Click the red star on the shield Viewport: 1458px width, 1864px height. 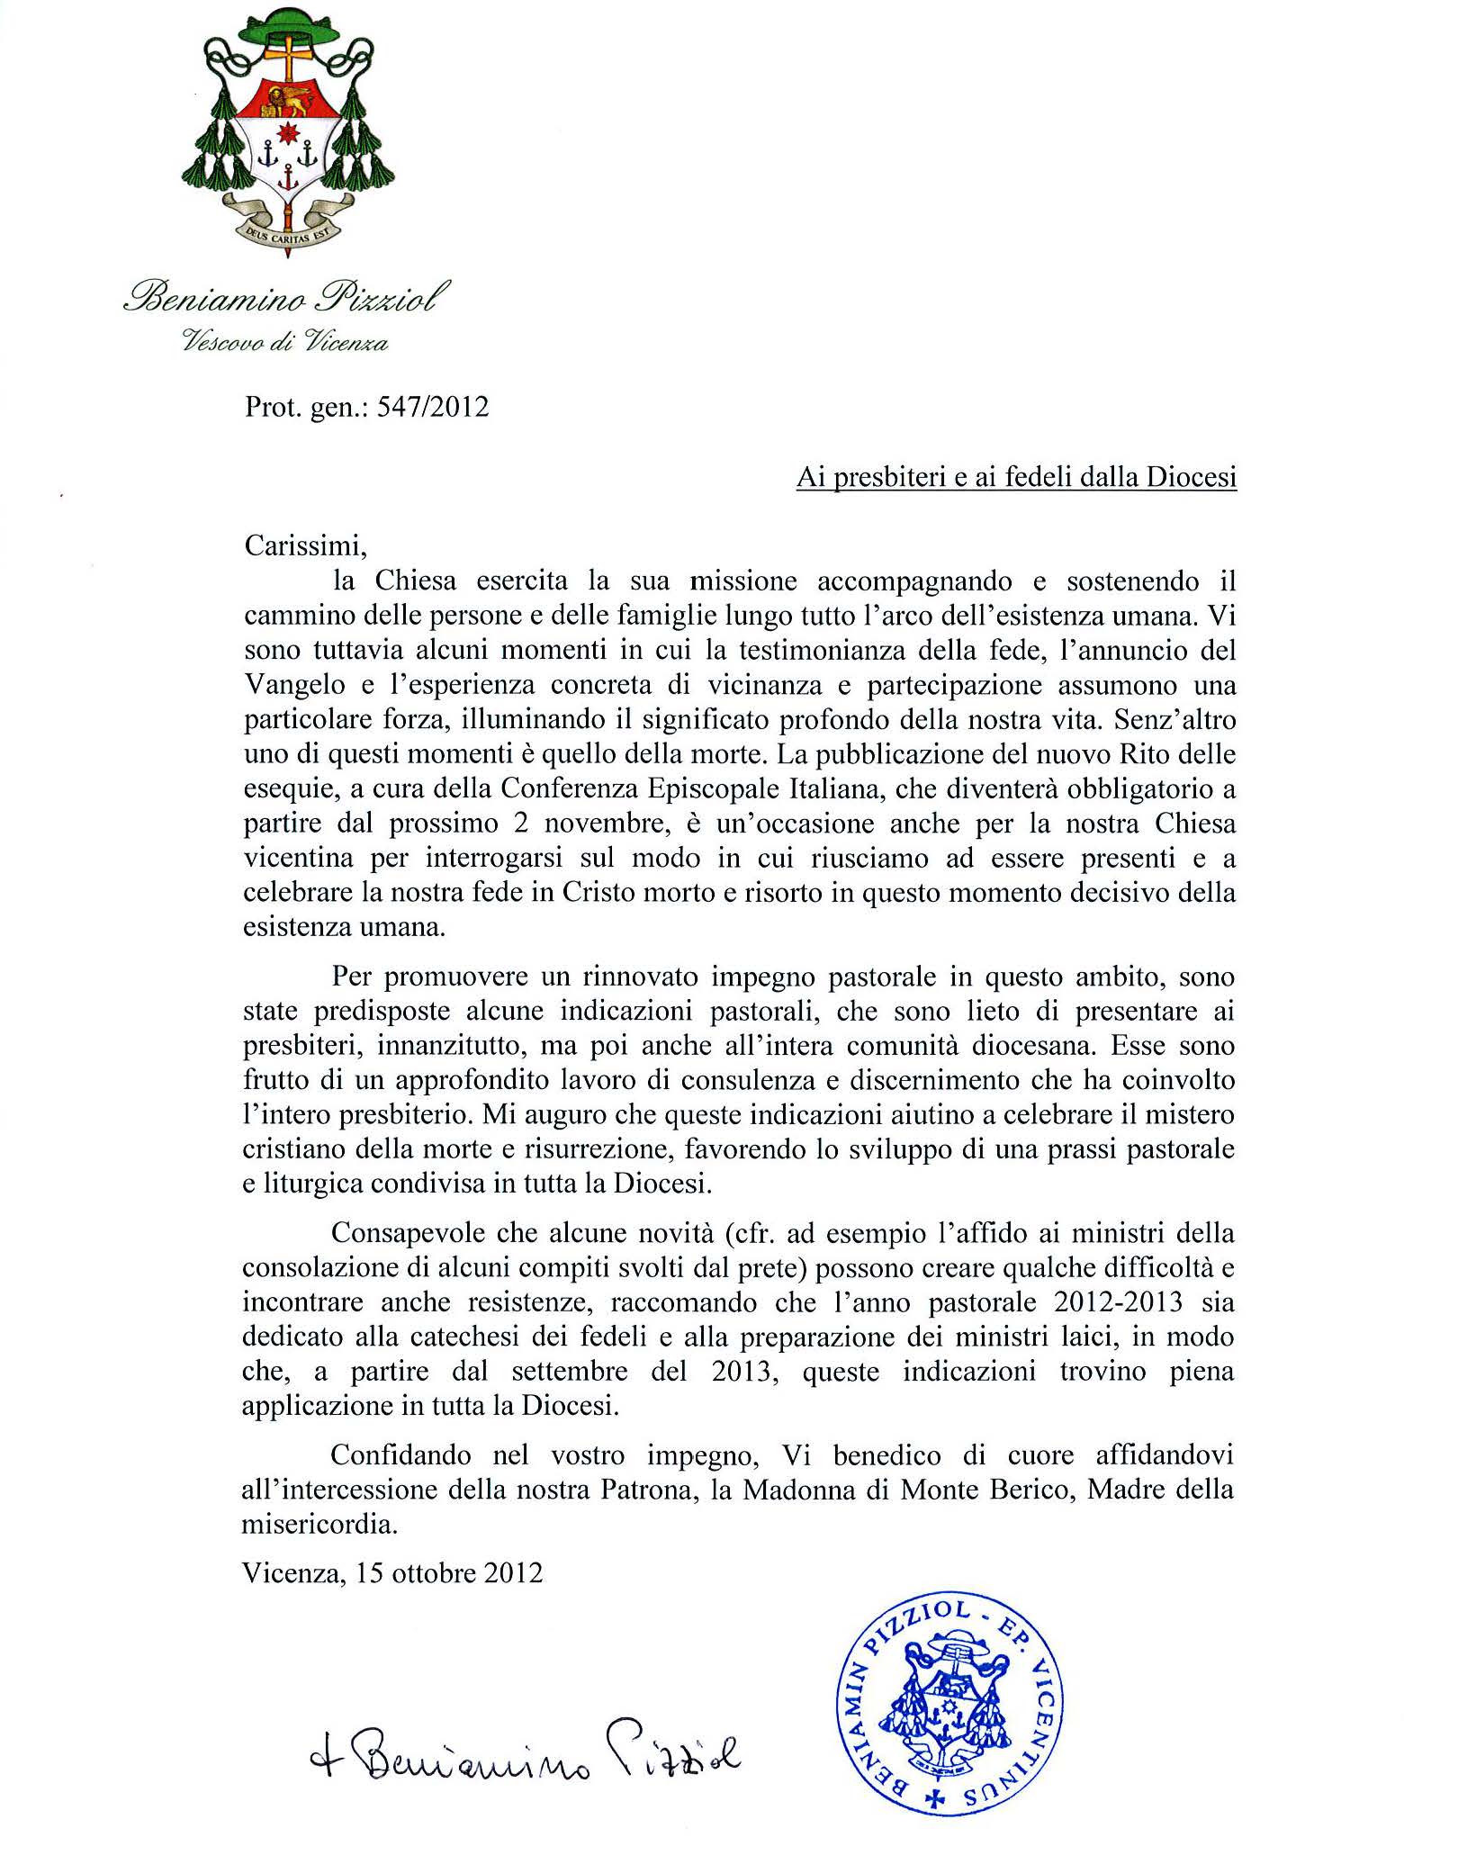coord(287,133)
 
